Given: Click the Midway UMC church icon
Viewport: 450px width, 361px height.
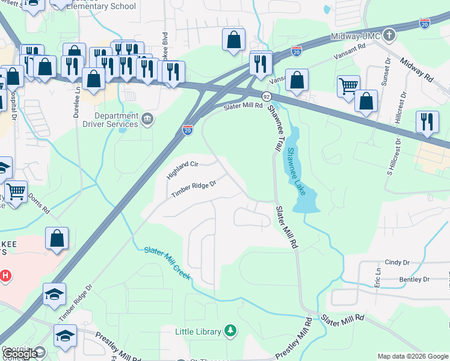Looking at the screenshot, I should [389, 34].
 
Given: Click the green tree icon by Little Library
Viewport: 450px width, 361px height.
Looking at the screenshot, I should [230, 331].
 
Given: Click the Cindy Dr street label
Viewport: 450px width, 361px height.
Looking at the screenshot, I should [396, 262].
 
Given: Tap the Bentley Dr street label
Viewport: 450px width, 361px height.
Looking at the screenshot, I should [415, 280].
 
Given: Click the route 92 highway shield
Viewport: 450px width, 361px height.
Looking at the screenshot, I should [266, 96].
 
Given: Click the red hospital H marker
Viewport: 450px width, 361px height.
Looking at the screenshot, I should [5, 277].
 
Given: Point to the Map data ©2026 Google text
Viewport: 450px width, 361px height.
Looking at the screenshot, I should [413, 357].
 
